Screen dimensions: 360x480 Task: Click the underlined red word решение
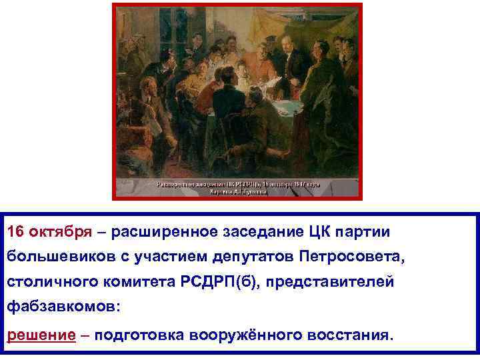(x=41, y=334)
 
